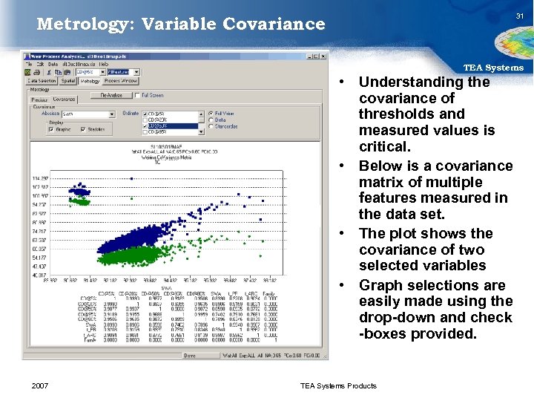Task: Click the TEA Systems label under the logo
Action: [x=493, y=68]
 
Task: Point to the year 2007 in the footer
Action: [x=42, y=385]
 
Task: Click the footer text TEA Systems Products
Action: [x=337, y=385]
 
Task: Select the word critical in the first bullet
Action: [x=383, y=146]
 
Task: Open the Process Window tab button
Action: [x=119, y=81]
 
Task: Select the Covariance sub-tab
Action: [x=64, y=100]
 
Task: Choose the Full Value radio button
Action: [x=211, y=114]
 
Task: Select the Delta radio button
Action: [x=211, y=120]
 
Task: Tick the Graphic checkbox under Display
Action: [x=51, y=129]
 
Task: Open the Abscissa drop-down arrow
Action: [x=112, y=114]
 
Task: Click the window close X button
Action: [x=324, y=55]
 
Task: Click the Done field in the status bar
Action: [x=192, y=355]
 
